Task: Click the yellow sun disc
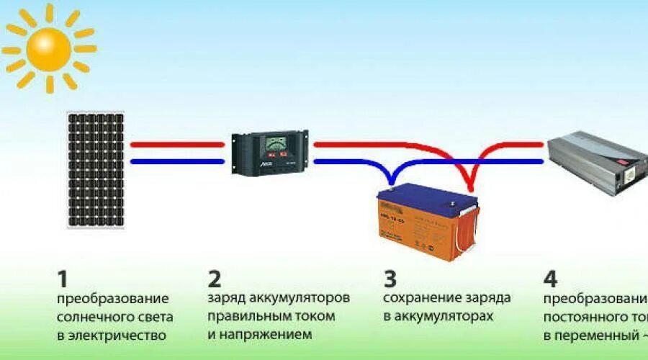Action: (x=49, y=48)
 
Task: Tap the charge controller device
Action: (x=270, y=152)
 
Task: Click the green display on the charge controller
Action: (x=274, y=142)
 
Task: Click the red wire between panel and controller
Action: (x=177, y=144)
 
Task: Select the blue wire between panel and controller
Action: (x=177, y=161)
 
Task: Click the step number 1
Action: (x=63, y=278)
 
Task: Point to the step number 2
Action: (x=214, y=278)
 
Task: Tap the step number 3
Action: (x=390, y=278)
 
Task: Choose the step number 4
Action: (x=550, y=278)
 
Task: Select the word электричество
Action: (x=120, y=336)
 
